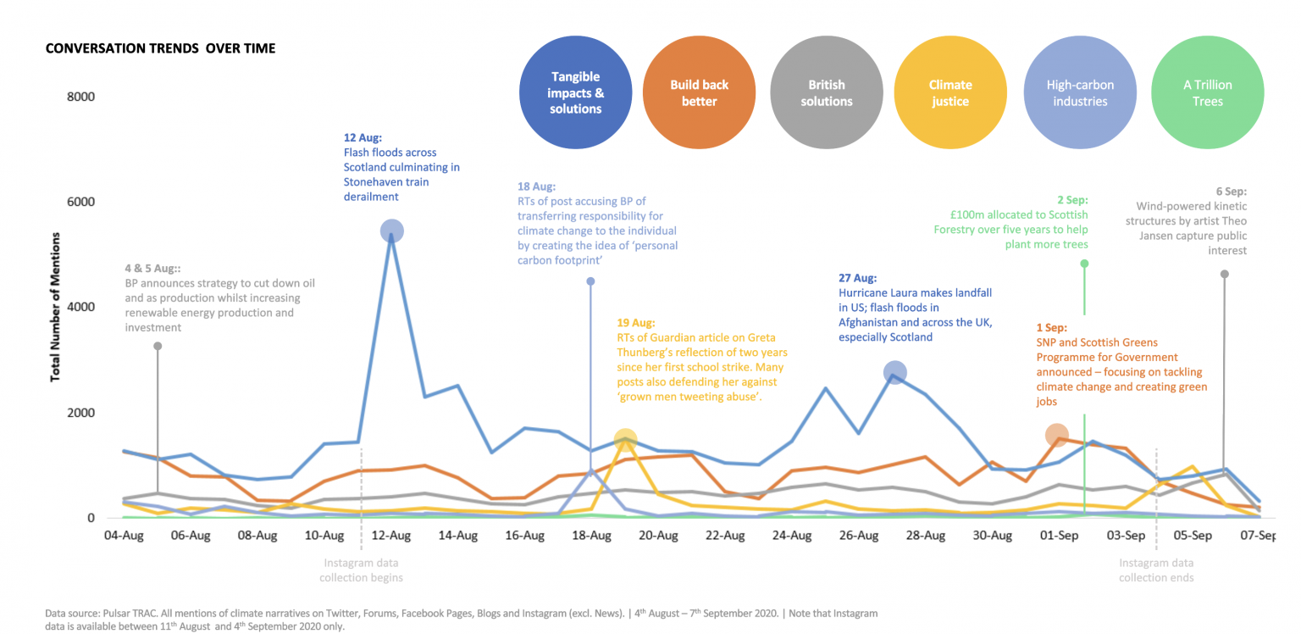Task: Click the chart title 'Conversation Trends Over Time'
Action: [160, 48]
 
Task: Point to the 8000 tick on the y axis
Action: [80, 97]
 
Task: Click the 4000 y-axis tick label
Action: [80, 308]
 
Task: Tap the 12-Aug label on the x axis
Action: [391, 536]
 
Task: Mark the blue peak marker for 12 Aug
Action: [391, 231]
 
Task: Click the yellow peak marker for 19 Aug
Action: [625, 439]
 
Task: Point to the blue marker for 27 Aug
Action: [895, 372]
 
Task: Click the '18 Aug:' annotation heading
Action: [535, 186]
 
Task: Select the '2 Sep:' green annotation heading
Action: [1071, 200]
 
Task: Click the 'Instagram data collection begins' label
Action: [361, 570]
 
